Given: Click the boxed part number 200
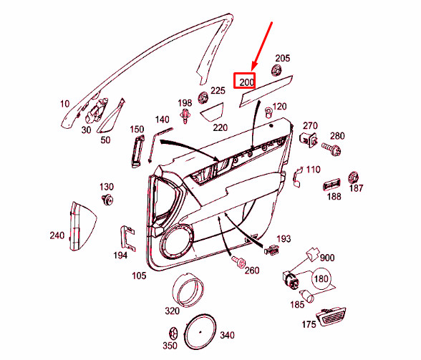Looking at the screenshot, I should tap(246, 82).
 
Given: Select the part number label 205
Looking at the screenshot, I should tap(283, 58).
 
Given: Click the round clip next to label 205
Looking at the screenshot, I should tap(276, 71).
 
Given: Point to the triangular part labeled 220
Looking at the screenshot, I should tap(211, 112).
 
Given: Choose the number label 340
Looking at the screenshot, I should tap(226, 335).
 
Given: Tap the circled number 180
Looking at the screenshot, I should tap(321, 278).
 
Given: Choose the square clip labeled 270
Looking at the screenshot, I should tap(309, 138).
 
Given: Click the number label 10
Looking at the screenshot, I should tap(65, 104).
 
